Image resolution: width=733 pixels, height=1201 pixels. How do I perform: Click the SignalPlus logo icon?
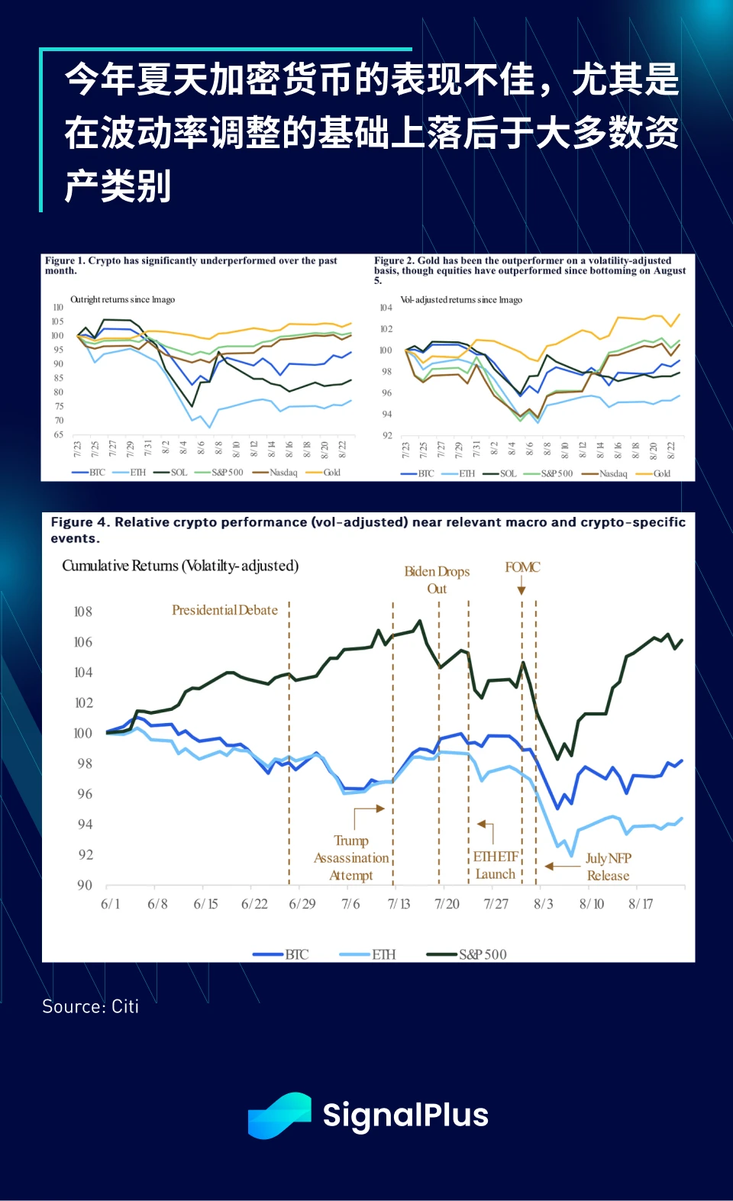[279, 1115]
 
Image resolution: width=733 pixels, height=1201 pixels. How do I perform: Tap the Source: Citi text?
[90, 1006]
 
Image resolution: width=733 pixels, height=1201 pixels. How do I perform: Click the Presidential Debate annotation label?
[224, 610]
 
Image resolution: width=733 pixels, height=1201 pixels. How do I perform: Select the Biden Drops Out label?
[437, 580]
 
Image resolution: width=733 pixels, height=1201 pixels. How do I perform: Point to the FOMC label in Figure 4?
[522, 567]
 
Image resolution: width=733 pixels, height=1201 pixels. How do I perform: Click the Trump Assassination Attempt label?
[351, 858]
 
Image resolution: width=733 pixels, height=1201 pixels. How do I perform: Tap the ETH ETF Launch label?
[496, 865]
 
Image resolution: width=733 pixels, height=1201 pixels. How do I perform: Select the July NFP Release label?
[609, 867]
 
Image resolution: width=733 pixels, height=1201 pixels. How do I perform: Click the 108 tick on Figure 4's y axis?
[83, 612]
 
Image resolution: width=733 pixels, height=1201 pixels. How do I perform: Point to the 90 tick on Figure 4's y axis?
[84, 885]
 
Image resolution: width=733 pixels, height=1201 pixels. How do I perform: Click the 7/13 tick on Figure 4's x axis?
[399, 904]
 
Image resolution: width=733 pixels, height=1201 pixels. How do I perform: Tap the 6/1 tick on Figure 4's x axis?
[110, 904]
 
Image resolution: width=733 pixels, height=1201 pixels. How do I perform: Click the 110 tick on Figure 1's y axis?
[58, 308]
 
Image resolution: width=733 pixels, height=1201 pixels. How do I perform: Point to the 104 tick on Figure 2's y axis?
[386, 308]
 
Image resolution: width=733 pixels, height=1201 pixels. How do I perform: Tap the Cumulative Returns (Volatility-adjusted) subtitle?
[180, 566]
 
